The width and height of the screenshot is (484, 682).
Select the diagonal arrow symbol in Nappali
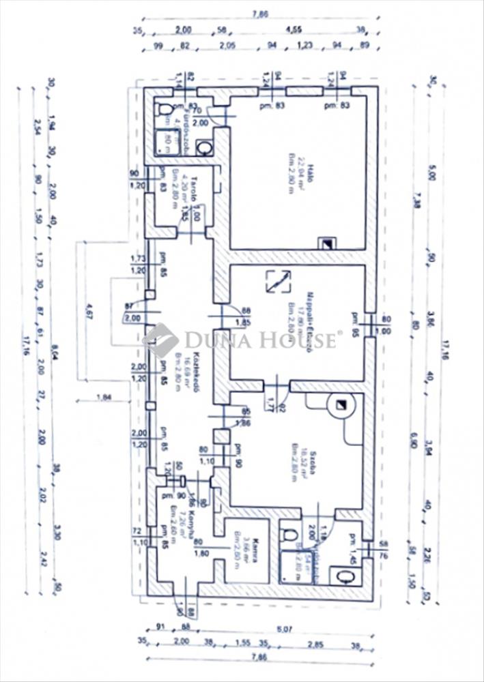(x=280, y=281)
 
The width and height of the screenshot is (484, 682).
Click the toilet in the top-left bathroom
(x=163, y=109)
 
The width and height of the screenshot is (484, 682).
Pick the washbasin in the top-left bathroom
(x=204, y=147)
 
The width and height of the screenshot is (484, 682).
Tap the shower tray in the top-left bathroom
(x=165, y=141)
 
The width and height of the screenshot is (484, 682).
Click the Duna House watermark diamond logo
(x=160, y=340)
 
